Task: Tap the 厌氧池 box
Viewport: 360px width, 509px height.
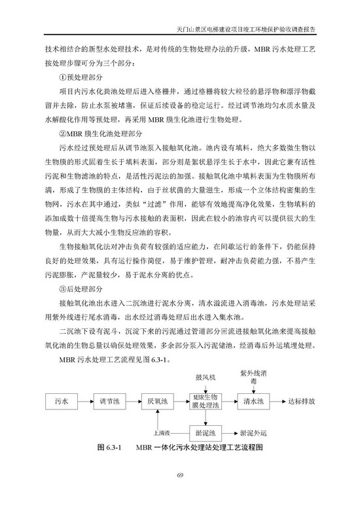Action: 157,400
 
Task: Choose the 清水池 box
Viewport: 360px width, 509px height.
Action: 253,400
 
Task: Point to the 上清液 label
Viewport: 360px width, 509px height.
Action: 162,432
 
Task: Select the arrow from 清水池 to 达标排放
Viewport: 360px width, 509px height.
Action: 278,400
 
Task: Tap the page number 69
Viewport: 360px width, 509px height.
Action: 180,475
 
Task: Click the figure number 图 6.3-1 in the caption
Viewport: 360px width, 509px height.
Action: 110,448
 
